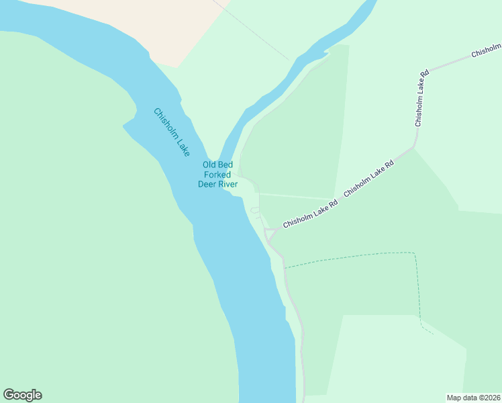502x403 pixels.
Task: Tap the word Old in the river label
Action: pyautogui.click(x=210, y=165)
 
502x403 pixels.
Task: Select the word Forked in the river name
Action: pyautogui.click(x=218, y=175)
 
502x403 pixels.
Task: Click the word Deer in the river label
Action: pyautogui.click(x=207, y=184)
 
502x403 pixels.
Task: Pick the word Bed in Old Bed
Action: pyautogui.click(x=226, y=165)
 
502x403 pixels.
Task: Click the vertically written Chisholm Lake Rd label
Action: pyautogui.click(x=421, y=97)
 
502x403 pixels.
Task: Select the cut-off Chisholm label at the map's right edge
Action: pyautogui.click(x=486, y=50)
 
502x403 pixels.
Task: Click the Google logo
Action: pyautogui.click(x=22, y=395)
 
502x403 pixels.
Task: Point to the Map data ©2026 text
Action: pyautogui.click(x=473, y=398)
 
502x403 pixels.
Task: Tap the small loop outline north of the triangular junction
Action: pyautogui.click(x=255, y=210)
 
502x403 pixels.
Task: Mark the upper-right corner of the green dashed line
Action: pyautogui.click(x=413, y=253)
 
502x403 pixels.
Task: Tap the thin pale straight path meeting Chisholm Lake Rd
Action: pyautogui.click(x=295, y=196)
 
